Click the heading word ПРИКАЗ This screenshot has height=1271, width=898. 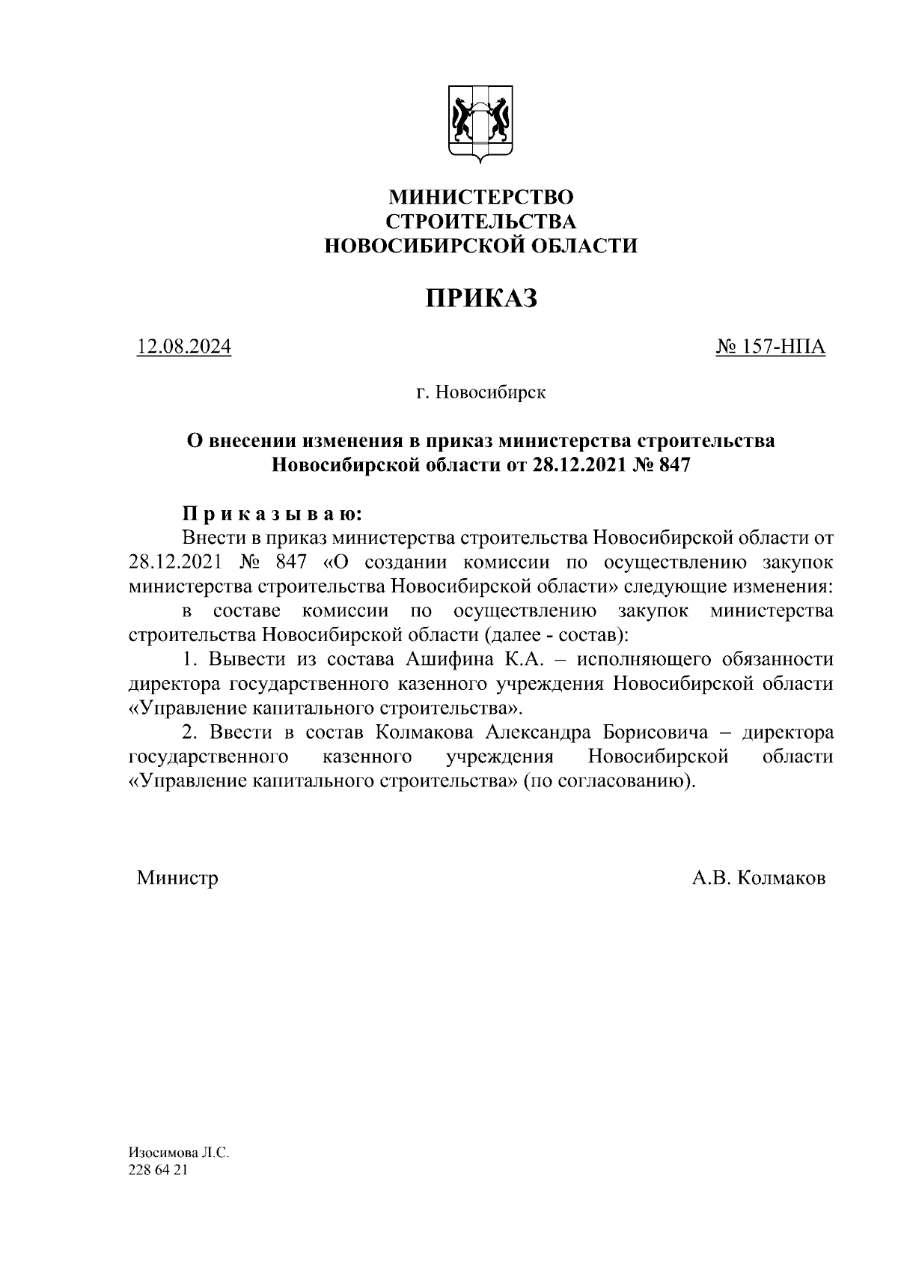pyautogui.click(x=481, y=298)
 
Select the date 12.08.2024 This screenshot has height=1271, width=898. pyautogui.click(x=183, y=348)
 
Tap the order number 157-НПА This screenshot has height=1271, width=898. pyautogui.click(x=771, y=348)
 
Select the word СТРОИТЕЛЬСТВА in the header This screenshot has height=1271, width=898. pyautogui.click(x=481, y=221)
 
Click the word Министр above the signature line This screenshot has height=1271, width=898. pyautogui.click(x=177, y=878)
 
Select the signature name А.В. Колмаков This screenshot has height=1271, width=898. pyautogui.click(x=759, y=878)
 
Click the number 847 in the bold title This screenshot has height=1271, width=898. pyautogui.click(x=672, y=464)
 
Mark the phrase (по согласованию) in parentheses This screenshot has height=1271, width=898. pyautogui.click(x=608, y=781)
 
